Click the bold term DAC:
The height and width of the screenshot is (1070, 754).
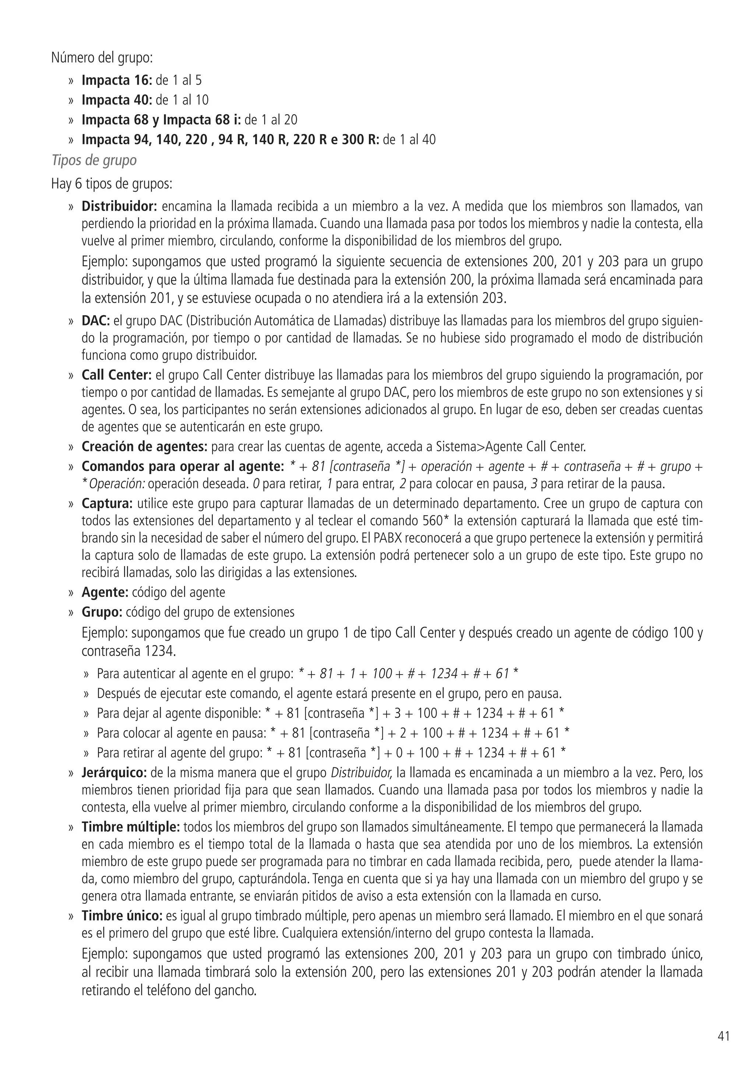(95, 321)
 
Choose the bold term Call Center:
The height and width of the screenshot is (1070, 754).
(116, 375)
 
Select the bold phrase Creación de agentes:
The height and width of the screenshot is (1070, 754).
(144, 447)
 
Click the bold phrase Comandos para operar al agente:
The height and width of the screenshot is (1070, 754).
(183, 466)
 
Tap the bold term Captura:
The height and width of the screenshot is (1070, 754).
(107, 503)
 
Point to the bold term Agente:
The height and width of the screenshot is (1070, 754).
(105, 592)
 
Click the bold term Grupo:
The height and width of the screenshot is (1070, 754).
(102, 612)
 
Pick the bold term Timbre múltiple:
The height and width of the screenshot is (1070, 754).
(130, 827)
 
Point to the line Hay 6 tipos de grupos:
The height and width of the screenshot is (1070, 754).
(112, 184)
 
